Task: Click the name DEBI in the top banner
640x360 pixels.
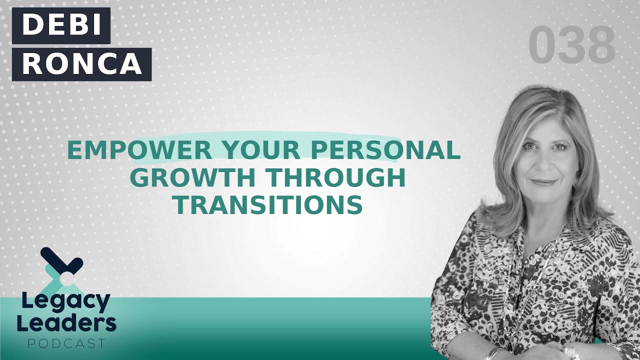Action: pyautogui.click(x=61, y=25)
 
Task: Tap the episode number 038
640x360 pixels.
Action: pyautogui.click(x=571, y=46)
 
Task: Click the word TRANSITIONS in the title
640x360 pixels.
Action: pyautogui.click(x=270, y=205)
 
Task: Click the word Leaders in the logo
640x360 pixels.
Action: pyautogui.click(x=66, y=324)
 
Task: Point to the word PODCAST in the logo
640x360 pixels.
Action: pyautogui.click(x=66, y=343)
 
